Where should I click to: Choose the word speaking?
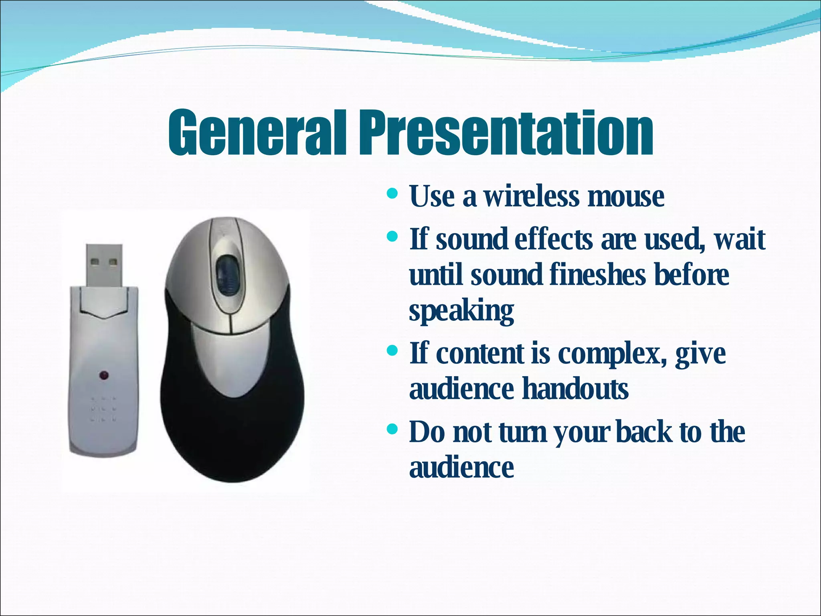(x=461, y=312)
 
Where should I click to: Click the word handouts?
(x=576, y=389)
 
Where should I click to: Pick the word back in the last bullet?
(x=644, y=432)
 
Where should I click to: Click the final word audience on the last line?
(x=461, y=468)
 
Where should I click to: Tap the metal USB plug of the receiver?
(x=104, y=265)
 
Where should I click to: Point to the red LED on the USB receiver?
(x=104, y=376)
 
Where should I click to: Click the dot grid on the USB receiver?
(x=103, y=409)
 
